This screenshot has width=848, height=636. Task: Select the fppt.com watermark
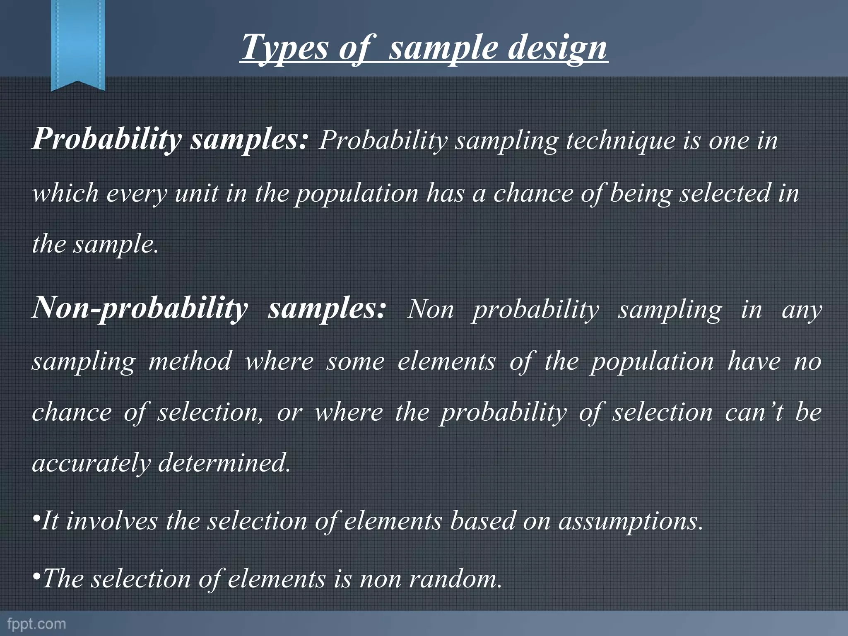tap(36, 624)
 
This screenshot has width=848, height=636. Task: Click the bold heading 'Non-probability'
tap(140, 308)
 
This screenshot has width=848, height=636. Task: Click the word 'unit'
tap(196, 193)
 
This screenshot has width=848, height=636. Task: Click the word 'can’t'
tap(754, 413)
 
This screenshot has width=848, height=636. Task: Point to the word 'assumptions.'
tap(631, 521)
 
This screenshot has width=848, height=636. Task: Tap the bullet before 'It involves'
tap(36, 520)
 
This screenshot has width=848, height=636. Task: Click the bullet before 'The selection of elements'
tap(36, 577)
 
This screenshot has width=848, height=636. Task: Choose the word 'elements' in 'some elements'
tap(446, 361)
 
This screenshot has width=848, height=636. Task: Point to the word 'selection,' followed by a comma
tap(210, 413)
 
